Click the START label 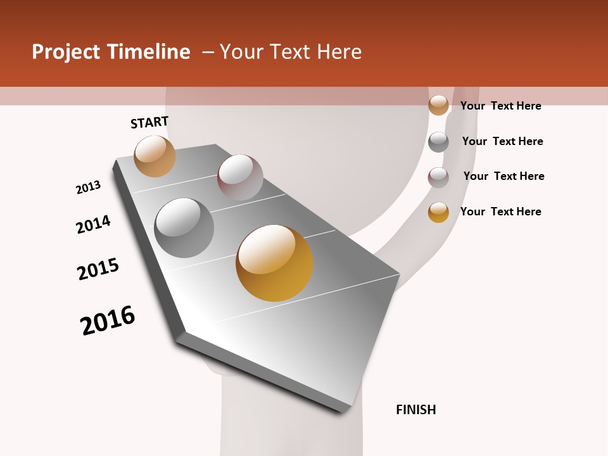149,122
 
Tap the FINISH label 416,410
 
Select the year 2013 88,187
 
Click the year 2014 93,225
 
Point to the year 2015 98,269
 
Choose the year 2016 108,320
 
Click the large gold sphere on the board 274,263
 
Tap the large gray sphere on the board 184,228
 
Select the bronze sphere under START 155,156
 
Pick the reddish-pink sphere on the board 240,177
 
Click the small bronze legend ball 438,105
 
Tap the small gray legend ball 438,142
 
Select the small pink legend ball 438,177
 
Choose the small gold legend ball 438,212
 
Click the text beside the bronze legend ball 500,106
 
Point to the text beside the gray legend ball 502,141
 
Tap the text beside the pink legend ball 503,176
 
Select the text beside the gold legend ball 500,212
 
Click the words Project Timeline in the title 111,52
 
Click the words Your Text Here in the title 291,52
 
